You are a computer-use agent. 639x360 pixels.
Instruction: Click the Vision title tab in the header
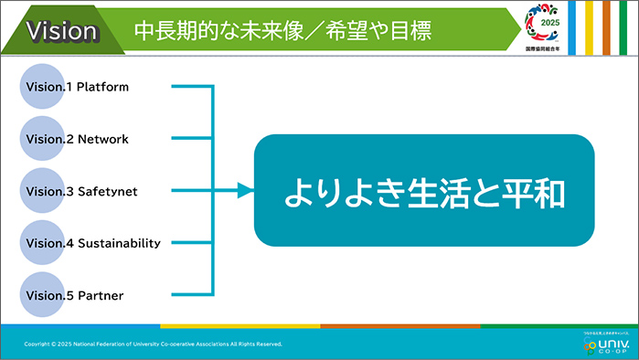[x=62, y=31]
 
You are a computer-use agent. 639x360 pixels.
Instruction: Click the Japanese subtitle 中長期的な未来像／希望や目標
[x=282, y=31]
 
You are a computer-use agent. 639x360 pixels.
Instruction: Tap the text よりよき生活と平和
[x=424, y=191]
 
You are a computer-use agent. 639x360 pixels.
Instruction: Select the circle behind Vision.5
[x=42, y=294]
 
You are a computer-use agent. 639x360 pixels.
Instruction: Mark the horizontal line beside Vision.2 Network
[x=191, y=140]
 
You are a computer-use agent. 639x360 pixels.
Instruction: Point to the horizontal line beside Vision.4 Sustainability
[x=191, y=243]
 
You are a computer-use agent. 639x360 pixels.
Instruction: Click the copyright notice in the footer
[x=154, y=344]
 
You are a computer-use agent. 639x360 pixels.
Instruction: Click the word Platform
[x=102, y=88]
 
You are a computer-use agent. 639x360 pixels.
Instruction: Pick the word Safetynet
[x=107, y=192]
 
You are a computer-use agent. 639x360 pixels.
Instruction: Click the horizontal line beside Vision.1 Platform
[x=191, y=88]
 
